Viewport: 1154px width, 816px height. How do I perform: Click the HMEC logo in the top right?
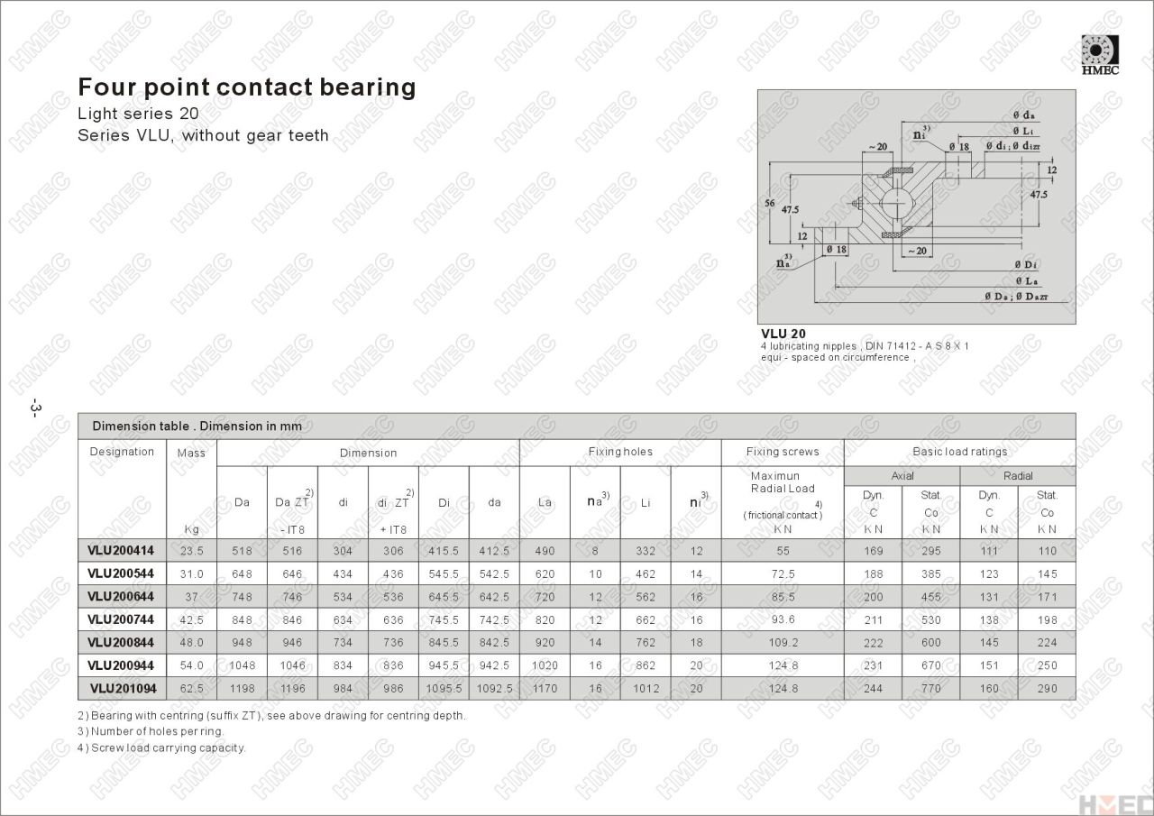[x=1100, y=54]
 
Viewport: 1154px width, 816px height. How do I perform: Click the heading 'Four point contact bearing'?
[x=247, y=87]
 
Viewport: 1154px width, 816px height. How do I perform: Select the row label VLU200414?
[x=121, y=550]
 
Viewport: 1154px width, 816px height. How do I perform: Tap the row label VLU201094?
[x=123, y=689]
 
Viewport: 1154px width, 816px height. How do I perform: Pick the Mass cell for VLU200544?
[x=191, y=573]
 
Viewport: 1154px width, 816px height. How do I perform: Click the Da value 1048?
[x=242, y=665]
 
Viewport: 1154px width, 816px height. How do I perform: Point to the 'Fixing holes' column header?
[x=620, y=452]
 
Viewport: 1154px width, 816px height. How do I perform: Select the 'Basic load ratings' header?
[x=959, y=452]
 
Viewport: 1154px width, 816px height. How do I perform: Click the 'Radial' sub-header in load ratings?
[x=1018, y=476]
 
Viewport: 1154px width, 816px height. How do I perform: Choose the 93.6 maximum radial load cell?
[x=783, y=619]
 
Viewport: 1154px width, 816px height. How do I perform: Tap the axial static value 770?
[x=931, y=689]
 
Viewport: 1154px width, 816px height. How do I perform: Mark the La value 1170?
[x=545, y=689]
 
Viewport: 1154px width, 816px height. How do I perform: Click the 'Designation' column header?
[x=122, y=452]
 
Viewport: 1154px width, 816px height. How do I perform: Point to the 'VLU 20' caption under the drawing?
[x=783, y=334]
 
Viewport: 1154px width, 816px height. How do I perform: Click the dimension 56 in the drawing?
[x=769, y=204]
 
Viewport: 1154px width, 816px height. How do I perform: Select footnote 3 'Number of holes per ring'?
[x=151, y=731]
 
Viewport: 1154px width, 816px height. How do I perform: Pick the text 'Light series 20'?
[x=138, y=115]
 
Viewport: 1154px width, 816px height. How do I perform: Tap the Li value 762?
[x=646, y=643]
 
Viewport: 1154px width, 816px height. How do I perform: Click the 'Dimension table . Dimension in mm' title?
[x=197, y=426]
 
